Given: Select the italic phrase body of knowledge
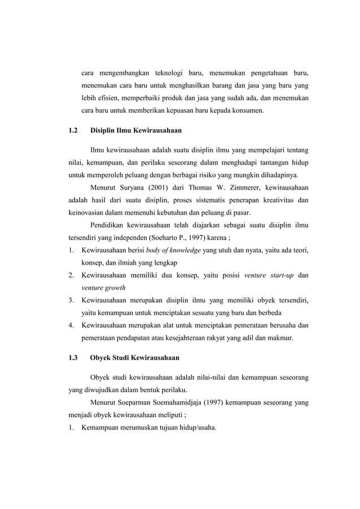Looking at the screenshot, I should [173, 250].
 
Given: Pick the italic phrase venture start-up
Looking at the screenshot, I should [262, 275].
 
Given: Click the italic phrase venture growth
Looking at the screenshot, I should [103, 287].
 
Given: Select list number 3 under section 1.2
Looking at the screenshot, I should [71, 300].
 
